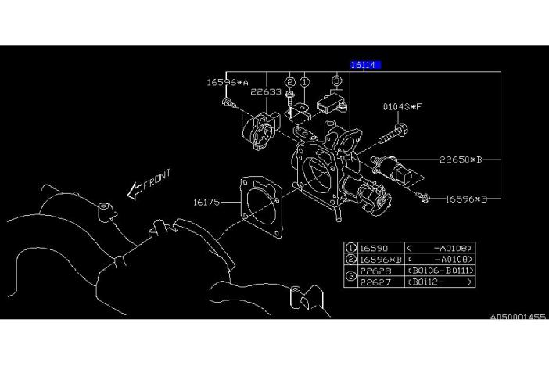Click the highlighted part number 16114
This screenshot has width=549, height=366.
tap(364, 66)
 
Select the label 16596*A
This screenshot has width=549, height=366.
tap(228, 81)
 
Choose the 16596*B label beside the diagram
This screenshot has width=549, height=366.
tap(466, 199)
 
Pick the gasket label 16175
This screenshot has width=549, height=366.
tap(207, 202)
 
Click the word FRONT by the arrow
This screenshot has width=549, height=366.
tap(156, 180)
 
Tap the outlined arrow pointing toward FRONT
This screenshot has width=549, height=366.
tap(131, 192)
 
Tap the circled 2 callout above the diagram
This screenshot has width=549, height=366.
tap(289, 81)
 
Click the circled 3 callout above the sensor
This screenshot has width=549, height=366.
tap(336, 81)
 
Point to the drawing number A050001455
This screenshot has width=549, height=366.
tap(518, 318)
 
